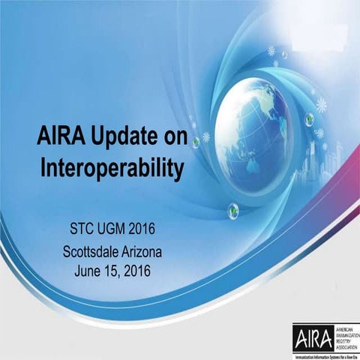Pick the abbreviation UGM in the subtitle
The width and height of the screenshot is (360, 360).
113,226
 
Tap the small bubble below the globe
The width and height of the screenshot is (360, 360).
233,209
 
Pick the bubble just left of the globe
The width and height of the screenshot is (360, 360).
196,142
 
